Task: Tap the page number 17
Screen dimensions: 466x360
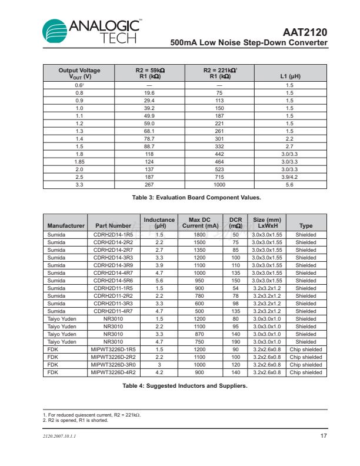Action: point(323,435)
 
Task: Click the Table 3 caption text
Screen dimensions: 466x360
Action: point(183,197)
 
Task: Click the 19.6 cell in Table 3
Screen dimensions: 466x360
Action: point(149,93)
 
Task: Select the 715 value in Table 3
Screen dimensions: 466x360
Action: point(219,177)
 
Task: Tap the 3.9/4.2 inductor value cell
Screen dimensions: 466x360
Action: point(289,177)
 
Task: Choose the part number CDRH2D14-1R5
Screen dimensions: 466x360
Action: point(113,235)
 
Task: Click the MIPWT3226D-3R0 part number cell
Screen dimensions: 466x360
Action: point(113,365)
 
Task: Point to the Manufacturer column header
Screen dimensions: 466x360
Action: point(66,225)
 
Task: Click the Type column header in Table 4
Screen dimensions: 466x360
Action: point(306,225)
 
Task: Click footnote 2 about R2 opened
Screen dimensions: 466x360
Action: point(75,420)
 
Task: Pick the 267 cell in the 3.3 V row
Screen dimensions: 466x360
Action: point(149,184)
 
